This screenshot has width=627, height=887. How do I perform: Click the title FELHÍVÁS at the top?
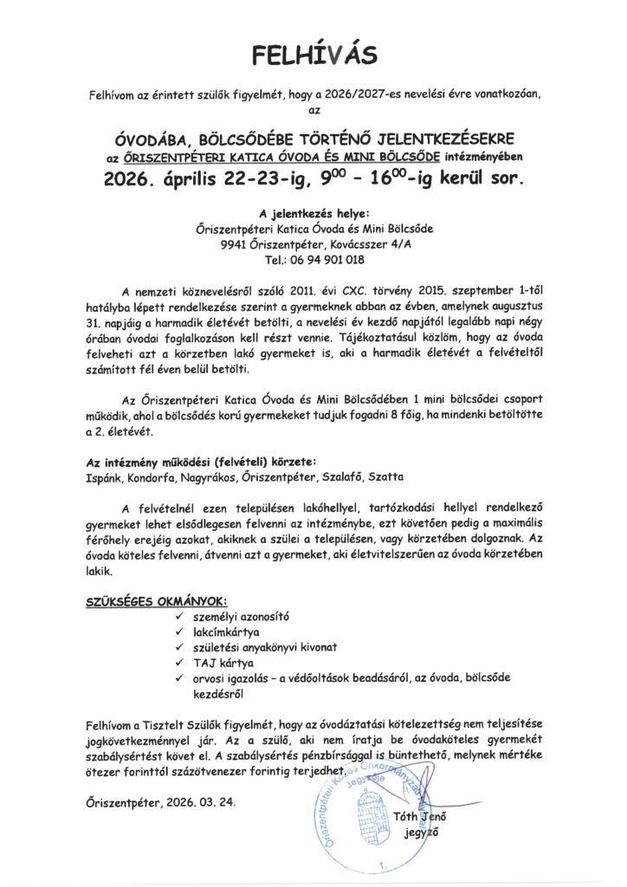click(314, 56)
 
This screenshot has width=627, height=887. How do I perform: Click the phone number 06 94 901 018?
click(334, 259)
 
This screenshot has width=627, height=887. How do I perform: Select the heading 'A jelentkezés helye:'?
click(314, 213)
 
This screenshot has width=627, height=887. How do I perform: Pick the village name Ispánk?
click(104, 477)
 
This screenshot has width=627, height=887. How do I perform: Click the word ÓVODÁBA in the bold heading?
click(152, 139)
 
